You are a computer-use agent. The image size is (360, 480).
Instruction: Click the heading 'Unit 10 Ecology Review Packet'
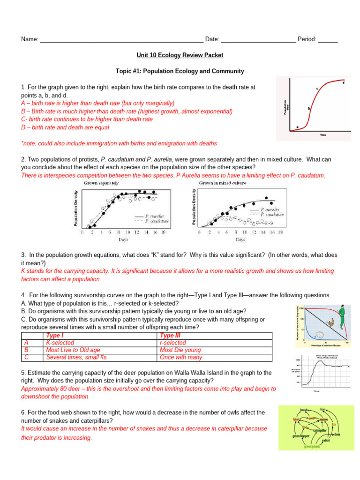click(180, 55)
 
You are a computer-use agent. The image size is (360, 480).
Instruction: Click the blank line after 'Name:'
click(122, 40)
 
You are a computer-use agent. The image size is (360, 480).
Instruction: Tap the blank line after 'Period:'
click(328, 40)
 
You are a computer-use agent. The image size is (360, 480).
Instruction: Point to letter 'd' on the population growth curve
click(344, 83)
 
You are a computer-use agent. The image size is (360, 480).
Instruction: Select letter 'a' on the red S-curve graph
click(297, 126)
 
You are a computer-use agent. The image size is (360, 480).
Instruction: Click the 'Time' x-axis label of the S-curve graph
click(322, 135)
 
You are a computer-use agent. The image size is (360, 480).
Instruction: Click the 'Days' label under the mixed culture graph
click(240, 240)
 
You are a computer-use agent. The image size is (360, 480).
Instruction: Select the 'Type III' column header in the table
click(170, 336)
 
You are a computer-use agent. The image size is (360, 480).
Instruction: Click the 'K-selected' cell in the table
click(60, 343)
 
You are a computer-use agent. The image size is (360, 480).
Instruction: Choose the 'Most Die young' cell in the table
click(180, 350)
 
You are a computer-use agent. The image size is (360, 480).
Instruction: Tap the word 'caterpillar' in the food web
click(320, 430)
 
